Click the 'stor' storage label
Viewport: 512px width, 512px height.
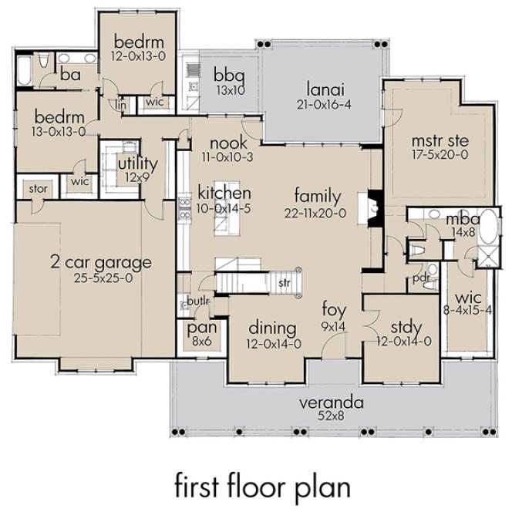tap(38, 189)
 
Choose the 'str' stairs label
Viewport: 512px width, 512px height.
tap(285, 284)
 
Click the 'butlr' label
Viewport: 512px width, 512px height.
tap(192, 301)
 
